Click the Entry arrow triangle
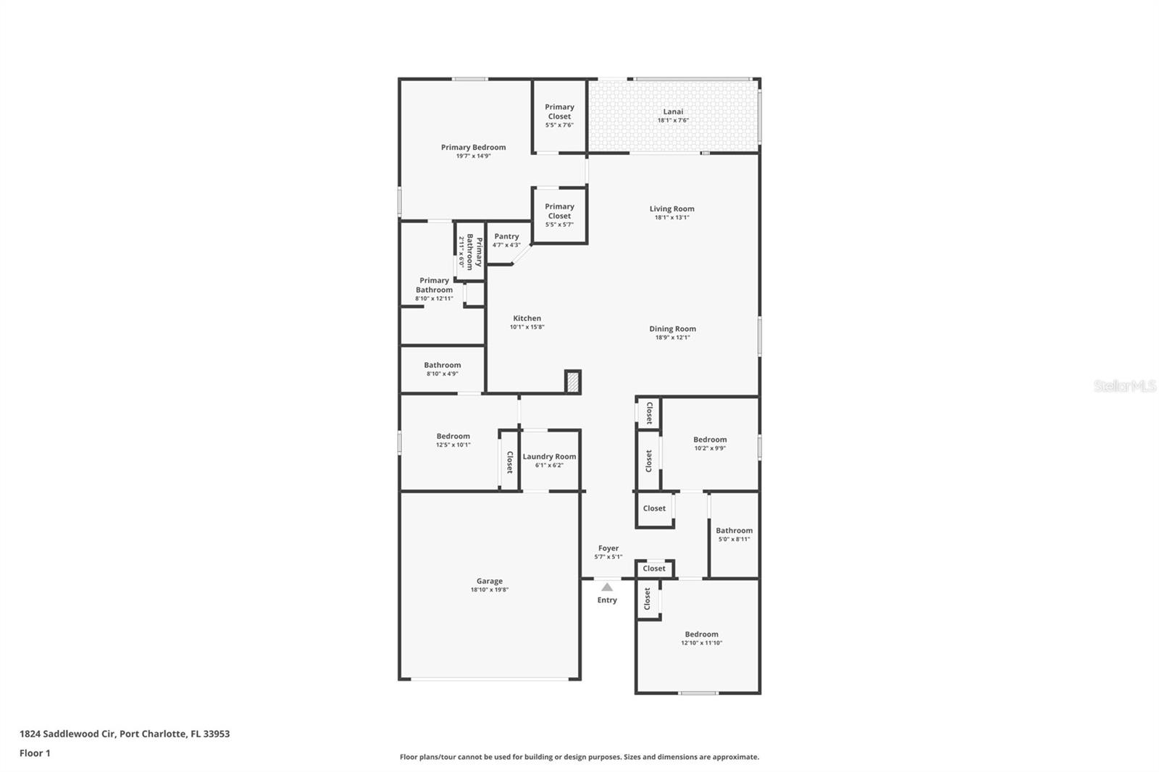(x=607, y=587)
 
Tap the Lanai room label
(x=673, y=112)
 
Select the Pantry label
(x=506, y=236)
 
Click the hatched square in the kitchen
(x=572, y=382)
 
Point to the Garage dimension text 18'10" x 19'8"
(x=490, y=590)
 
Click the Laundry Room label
(x=549, y=456)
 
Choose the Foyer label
(x=608, y=548)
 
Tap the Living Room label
(x=671, y=209)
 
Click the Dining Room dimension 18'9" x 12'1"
(x=672, y=337)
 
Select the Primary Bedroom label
(x=473, y=147)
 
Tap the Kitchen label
(x=527, y=318)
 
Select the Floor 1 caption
(x=35, y=753)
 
